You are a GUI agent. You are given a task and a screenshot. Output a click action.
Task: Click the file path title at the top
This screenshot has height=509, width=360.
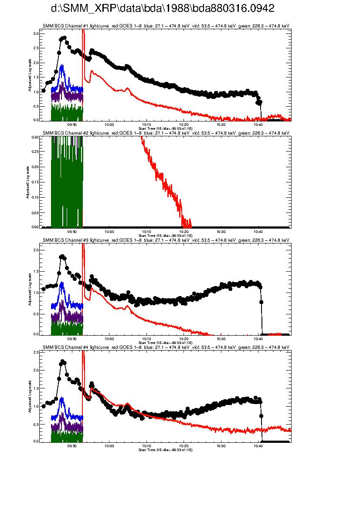click(163, 9)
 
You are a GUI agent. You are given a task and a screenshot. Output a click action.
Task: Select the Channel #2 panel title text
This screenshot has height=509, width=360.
click(166, 133)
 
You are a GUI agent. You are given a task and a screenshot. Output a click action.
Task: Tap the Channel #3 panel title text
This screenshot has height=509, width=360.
click(166, 240)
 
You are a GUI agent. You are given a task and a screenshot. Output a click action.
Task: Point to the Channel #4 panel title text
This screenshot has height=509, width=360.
click(166, 347)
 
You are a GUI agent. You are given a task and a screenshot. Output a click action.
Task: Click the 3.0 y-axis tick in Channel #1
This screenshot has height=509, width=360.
click(36, 34)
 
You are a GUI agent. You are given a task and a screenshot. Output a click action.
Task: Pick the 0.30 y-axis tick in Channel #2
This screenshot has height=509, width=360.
click(35, 137)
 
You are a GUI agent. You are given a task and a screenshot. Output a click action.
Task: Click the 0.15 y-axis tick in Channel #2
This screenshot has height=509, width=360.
click(35, 182)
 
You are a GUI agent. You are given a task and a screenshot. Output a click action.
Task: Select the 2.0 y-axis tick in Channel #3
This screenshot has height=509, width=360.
click(36, 250)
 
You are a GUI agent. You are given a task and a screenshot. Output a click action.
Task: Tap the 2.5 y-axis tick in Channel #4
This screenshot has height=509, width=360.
click(36, 352)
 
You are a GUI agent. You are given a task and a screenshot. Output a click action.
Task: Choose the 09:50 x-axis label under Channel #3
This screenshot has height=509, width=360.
click(72, 338)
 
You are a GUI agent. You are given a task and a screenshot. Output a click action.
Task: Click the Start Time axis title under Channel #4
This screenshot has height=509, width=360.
click(165, 449)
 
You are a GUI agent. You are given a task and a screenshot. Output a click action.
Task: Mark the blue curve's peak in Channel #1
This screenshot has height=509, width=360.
click(62, 65)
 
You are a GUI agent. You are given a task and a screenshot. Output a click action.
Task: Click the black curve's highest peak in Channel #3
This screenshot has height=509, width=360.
click(62, 256)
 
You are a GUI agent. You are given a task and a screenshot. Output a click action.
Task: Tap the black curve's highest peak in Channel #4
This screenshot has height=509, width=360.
click(63, 361)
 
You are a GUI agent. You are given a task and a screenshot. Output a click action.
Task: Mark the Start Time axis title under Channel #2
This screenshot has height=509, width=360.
click(165, 235)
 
